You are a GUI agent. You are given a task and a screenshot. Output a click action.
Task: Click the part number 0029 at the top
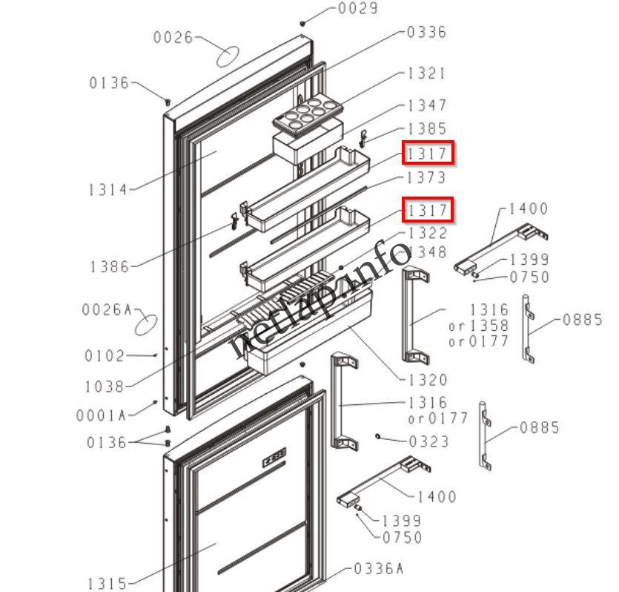[x=357, y=9]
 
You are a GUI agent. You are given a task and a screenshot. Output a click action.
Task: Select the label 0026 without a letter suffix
[x=173, y=37]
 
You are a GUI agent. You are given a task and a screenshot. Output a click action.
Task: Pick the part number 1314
[x=108, y=190]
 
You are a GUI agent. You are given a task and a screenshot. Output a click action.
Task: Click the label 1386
[x=110, y=266]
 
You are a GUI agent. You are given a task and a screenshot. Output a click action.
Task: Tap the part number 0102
[x=105, y=356]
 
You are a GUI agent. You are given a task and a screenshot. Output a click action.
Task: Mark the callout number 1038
[x=105, y=387]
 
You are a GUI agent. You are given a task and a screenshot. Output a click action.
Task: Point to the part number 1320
[x=428, y=380]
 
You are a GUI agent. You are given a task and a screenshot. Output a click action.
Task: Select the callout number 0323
[x=429, y=442]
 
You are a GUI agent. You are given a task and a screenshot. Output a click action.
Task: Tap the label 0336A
[x=378, y=569]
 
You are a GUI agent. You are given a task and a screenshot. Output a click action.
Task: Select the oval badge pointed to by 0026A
[x=148, y=325]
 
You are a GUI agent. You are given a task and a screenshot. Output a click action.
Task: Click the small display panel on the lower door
[x=274, y=460]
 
